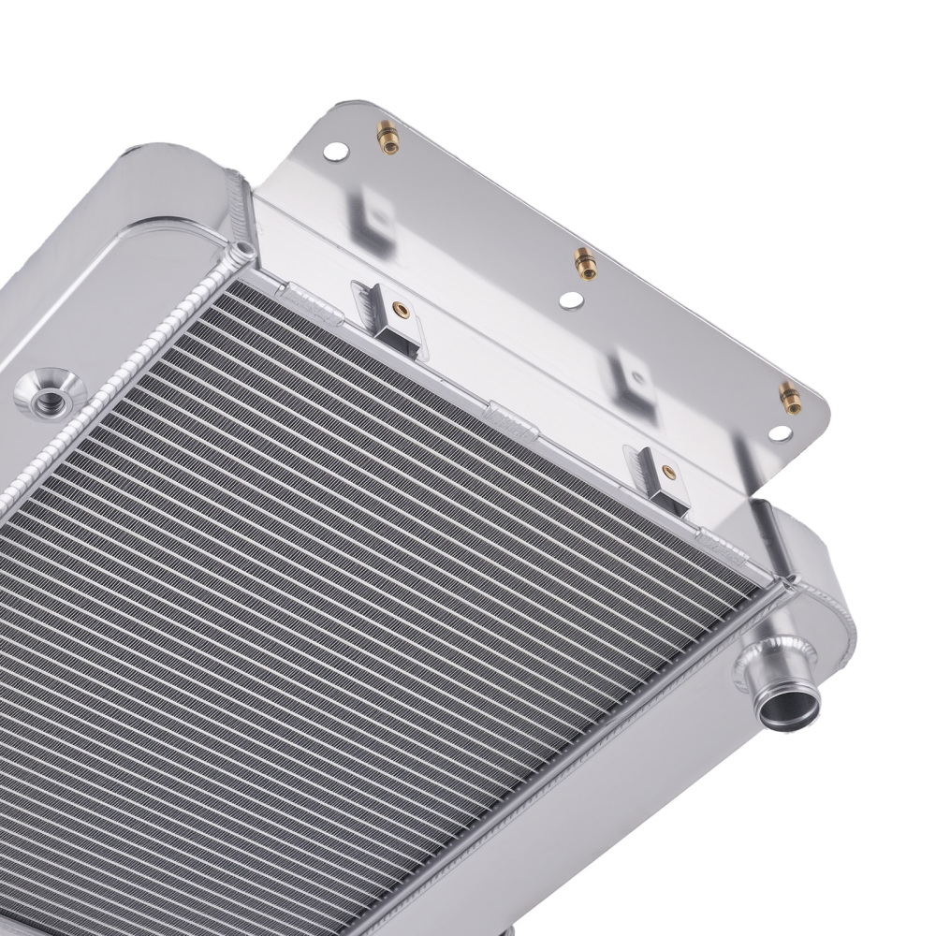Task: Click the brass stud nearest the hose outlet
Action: [789, 397]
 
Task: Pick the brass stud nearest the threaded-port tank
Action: [386, 139]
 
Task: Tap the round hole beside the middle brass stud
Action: [572, 300]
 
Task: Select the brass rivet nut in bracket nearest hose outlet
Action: [666, 471]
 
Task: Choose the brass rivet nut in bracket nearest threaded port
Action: [400, 308]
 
